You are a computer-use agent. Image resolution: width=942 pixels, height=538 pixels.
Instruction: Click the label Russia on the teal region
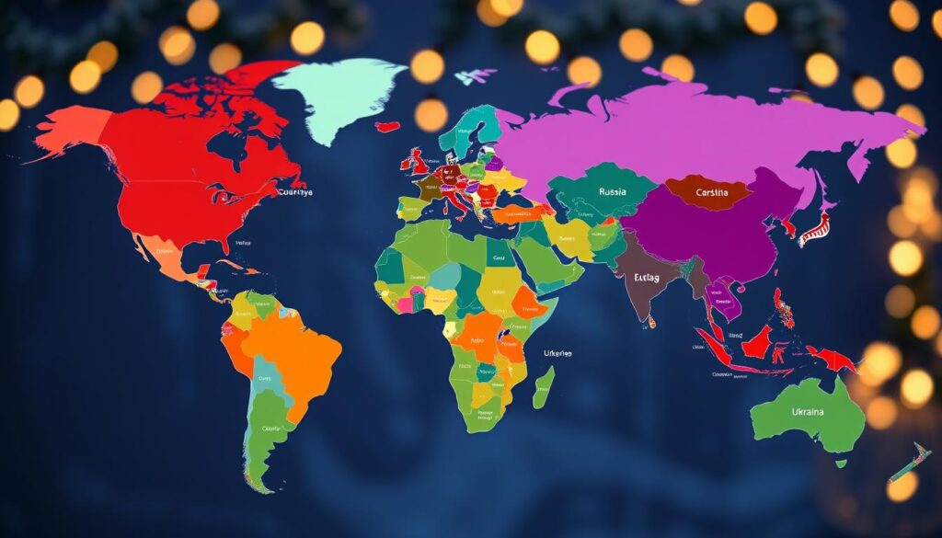coord(612,192)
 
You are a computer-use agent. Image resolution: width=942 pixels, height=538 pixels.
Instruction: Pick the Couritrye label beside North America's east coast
coord(293,192)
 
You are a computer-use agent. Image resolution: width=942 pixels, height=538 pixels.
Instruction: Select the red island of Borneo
coord(757,344)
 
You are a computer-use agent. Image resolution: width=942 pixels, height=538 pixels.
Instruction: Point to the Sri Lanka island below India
coord(650,321)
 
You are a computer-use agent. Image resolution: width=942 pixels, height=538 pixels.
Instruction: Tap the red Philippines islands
coord(784,308)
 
